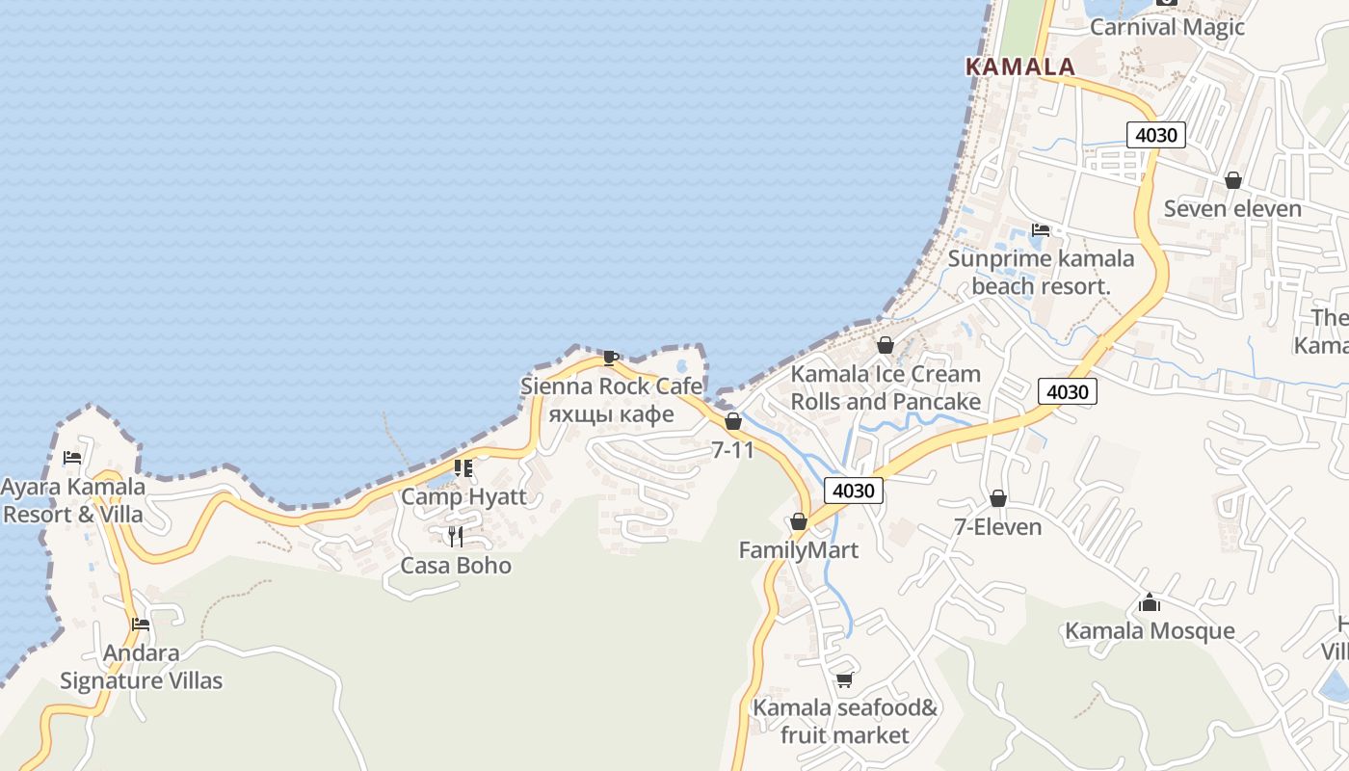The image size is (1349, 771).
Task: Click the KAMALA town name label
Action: [1019, 66]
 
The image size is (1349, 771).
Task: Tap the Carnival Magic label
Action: [1167, 27]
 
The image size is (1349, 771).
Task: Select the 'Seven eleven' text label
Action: [1232, 208]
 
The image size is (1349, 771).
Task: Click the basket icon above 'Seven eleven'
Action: [1232, 180]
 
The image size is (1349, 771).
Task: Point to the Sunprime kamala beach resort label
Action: [1041, 272]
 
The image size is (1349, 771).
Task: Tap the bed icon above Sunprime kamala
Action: [1041, 230]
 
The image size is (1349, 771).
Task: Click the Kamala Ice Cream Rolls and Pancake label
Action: [886, 387]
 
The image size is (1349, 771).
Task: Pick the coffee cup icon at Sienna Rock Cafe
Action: [610, 358]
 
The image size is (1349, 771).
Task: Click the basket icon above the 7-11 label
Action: [732, 421]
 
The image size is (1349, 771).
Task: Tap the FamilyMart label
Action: [798, 549]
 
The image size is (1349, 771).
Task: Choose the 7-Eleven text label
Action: [997, 526]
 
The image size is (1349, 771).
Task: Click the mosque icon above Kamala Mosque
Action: [1149, 603]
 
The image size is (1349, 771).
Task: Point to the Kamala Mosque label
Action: [1149, 630]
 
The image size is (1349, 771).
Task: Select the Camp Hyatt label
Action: [463, 496]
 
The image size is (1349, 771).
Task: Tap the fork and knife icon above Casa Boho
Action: [456, 536]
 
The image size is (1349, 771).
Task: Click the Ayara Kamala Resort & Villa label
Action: [73, 500]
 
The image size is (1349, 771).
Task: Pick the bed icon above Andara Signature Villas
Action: [141, 625]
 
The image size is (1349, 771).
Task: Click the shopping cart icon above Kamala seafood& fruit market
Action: [844, 680]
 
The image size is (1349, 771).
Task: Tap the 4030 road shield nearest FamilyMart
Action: [854, 491]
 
